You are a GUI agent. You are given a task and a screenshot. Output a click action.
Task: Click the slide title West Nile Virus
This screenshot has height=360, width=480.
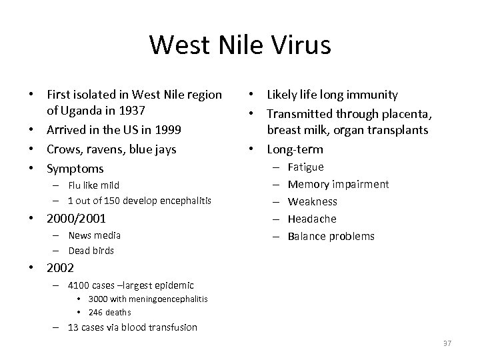click(240, 45)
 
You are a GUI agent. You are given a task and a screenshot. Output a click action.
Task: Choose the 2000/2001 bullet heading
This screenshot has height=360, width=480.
click(77, 219)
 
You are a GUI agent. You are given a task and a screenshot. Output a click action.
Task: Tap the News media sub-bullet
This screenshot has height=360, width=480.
click(94, 235)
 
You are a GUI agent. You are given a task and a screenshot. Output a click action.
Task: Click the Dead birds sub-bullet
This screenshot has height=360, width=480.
click(91, 251)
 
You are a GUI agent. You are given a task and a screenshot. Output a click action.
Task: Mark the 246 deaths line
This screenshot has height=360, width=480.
click(109, 312)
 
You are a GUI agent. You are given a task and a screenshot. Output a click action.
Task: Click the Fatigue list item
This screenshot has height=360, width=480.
click(305, 167)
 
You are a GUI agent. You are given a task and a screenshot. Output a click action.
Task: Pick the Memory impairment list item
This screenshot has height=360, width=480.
click(338, 184)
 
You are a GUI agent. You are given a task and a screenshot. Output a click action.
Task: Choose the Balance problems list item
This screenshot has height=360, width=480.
click(331, 236)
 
